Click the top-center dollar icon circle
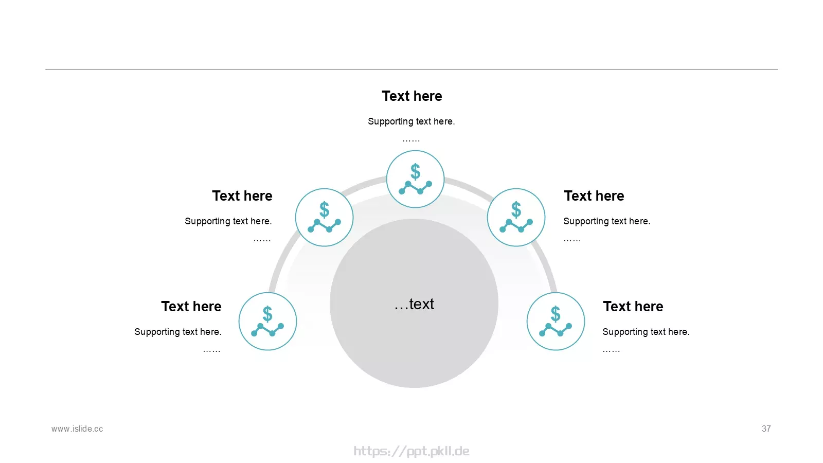(415, 179)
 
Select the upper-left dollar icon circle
(324, 217)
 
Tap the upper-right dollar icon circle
(516, 217)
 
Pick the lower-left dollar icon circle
(267, 321)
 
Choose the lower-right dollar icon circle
(556, 321)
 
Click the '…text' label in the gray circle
(414, 304)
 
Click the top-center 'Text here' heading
(412, 96)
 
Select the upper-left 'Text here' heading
(242, 196)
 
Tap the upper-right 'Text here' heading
(594, 196)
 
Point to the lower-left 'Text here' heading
(191, 307)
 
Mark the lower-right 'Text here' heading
(633, 307)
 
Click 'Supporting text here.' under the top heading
(411, 121)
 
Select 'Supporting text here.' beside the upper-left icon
(228, 221)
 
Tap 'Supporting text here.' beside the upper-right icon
(607, 221)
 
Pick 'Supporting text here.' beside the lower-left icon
(178, 332)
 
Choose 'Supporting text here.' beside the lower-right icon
(646, 332)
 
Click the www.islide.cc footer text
(77, 429)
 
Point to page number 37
(766, 429)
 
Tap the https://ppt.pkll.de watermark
(411, 451)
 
